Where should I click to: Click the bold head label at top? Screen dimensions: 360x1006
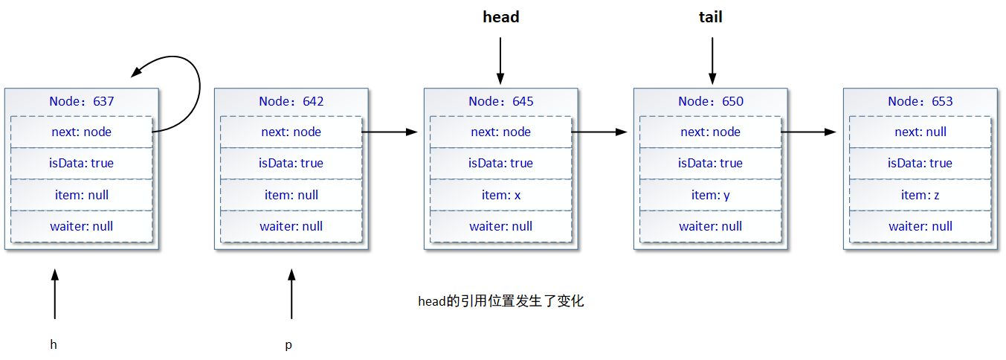click(500, 17)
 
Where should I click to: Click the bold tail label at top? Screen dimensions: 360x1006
click(711, 17)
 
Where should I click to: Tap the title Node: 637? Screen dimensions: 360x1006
click(82, 101)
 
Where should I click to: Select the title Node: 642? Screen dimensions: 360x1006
click(291, 101)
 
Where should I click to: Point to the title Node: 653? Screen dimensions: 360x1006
click(920, 101)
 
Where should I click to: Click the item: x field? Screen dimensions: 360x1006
click(501, 195)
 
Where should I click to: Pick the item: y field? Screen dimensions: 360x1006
click(711, 195)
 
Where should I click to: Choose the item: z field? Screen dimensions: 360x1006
click(920, 195)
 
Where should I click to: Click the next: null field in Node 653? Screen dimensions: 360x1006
click(920, 132)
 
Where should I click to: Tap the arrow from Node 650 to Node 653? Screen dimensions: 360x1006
click(809, 132)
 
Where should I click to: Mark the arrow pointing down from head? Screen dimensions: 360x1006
click(500, 60)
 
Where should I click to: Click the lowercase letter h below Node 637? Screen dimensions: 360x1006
click(54, 344)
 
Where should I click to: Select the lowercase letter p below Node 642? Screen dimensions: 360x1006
click(288, 345)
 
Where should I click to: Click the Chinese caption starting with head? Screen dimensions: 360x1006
click(501, 301)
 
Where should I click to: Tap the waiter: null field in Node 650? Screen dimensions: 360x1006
click(711, 226)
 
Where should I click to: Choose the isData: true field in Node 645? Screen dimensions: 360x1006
click(501, 163)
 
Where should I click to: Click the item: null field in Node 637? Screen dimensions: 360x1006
click(82, 195)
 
